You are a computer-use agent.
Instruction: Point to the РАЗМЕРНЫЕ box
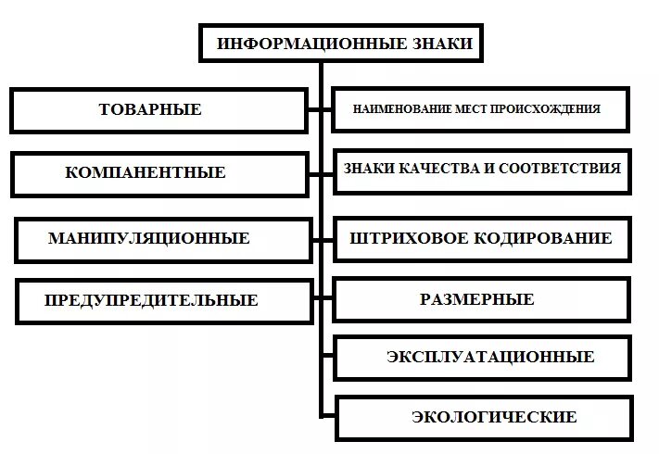(x=476, y=299)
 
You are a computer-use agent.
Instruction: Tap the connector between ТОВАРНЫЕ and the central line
(x=316, y=109)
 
